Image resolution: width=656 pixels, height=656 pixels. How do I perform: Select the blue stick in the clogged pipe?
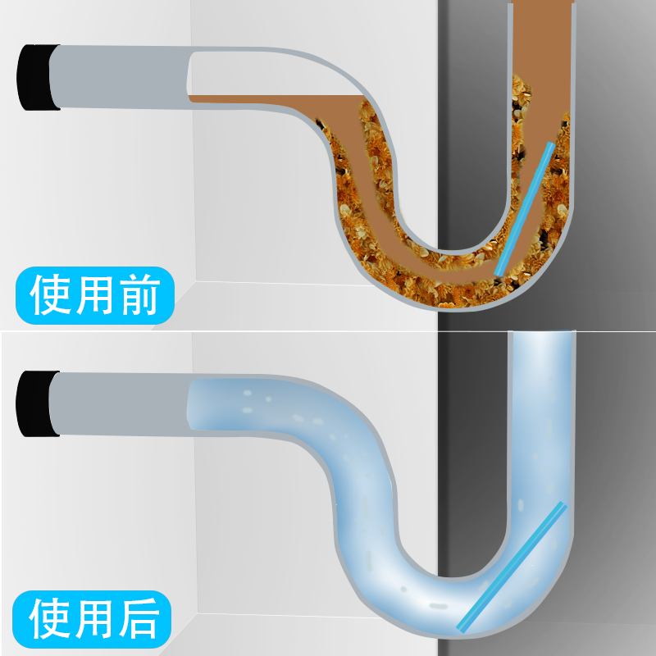tap(524, 209)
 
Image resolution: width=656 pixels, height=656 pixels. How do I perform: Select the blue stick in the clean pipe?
tap(512, 566)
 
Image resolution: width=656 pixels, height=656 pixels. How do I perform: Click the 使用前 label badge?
tap(95, 294)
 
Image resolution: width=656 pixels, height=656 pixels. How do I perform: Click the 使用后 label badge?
tap(95, 618)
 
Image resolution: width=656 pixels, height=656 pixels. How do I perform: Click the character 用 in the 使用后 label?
tap(94, 618)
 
